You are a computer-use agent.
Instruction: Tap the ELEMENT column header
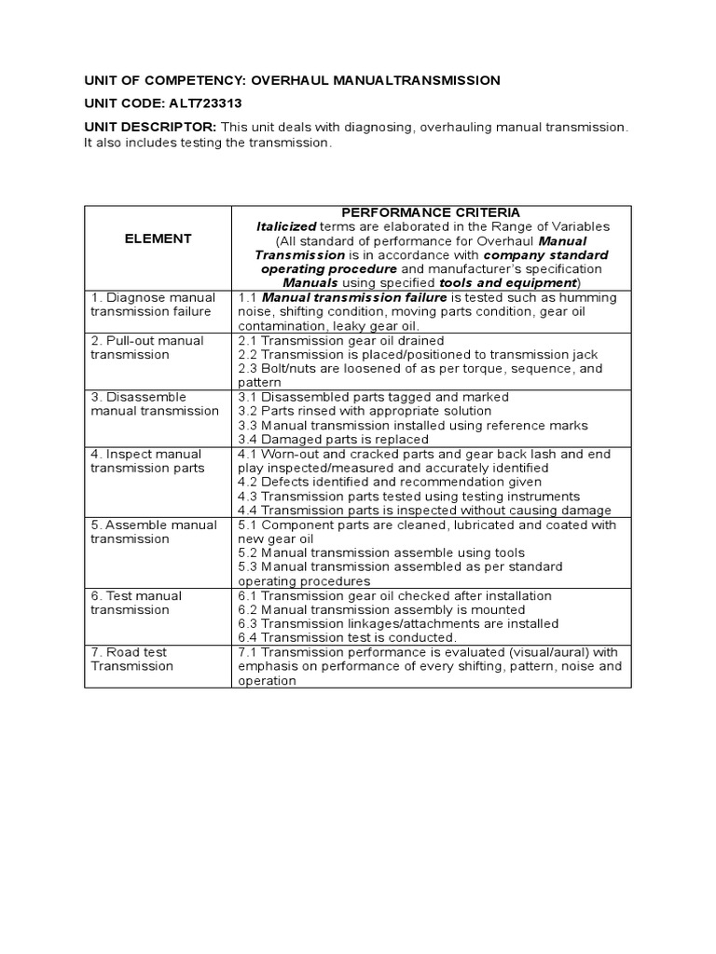coord(158,239)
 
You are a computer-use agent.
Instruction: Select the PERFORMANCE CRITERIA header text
coord(432,213)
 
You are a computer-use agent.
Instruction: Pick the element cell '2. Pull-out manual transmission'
coord(146,348)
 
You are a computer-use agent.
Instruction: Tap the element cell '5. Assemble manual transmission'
coord(153,532)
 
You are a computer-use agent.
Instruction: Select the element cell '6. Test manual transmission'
coord(136,603)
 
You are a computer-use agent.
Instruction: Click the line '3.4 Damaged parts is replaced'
coord(333,440)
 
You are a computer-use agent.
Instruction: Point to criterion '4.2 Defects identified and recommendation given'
coord(390,483)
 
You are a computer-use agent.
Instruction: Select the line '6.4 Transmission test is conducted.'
coord(348,638)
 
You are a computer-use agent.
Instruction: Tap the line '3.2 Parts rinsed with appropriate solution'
coord(373,411)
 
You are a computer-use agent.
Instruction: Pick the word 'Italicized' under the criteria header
coord(285,226)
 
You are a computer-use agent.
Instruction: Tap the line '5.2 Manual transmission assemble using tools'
coord(381,553)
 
